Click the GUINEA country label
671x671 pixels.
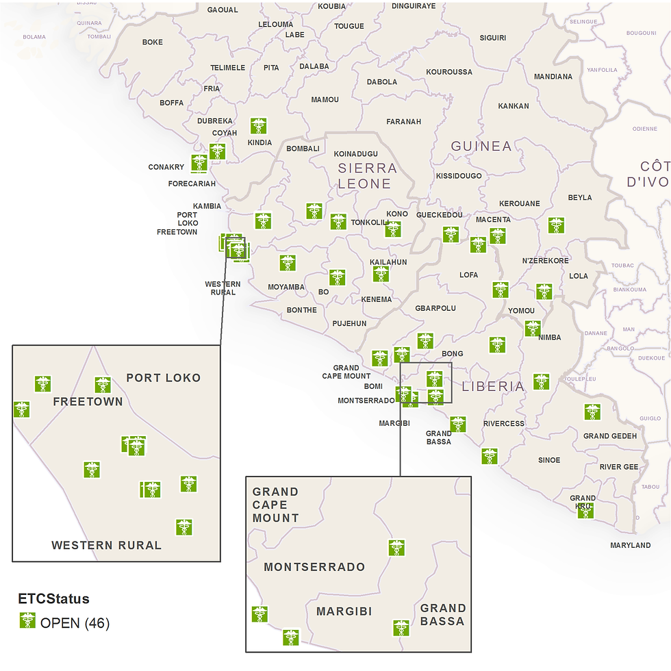point(481,146)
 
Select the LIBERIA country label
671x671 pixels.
point(493,386)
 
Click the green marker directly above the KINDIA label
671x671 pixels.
point(258,126)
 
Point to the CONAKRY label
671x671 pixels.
point(166,167)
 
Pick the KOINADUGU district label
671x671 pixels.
point(355,154)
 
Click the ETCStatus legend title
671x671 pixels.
point(53,599)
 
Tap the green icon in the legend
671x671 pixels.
point(27,620)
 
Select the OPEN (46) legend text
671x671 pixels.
point(75,623)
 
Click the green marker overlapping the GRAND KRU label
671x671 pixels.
point(585,510)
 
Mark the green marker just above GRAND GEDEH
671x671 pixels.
point(592,412)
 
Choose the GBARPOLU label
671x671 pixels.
point(435,308)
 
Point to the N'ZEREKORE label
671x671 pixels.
point(545,261)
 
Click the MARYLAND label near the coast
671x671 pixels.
point(630,545)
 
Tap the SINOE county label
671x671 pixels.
point(549,460)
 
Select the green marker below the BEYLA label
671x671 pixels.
point(556,225)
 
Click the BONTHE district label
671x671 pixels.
point(301,310)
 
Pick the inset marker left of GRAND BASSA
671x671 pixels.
point(401,628)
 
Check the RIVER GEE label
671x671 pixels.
point(618,467)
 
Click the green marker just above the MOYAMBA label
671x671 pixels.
point(288,263)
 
